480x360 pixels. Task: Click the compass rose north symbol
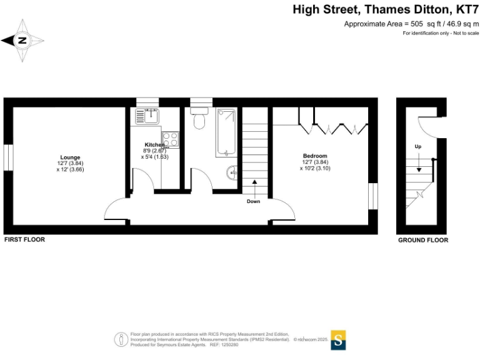point(22,41)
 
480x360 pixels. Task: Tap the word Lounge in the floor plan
point(70,157)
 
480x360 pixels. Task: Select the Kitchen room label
point(154,144)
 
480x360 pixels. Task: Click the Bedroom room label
point(315,156)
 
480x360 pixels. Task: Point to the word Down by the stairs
point(253,201)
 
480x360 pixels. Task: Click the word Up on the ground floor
point(417,146)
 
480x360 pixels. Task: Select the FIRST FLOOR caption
point(24,239)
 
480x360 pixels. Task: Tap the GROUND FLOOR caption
point(423,240)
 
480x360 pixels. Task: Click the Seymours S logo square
point(338,340)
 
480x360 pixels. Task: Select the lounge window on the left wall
point(8,157)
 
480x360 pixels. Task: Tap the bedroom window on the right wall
point(373,196)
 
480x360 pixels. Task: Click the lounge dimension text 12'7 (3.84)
point(70,163)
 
